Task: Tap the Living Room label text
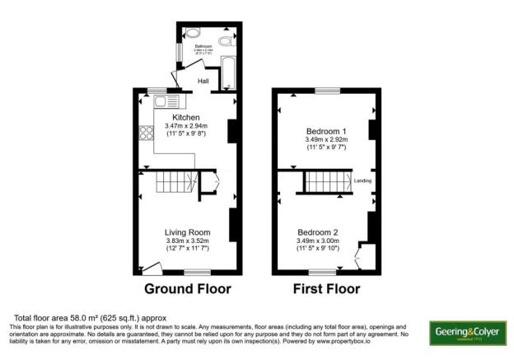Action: (187, 232)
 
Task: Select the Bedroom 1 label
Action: (327, 132)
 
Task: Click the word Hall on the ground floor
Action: (203, 81)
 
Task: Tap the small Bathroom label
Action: (203, 46)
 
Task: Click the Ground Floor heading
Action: (188, 289)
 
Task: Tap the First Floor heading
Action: (327, 289)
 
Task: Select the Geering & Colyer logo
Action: (466, 332)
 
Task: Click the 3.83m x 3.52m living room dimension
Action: (187, 241)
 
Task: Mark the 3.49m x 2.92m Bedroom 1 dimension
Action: (327, 140)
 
